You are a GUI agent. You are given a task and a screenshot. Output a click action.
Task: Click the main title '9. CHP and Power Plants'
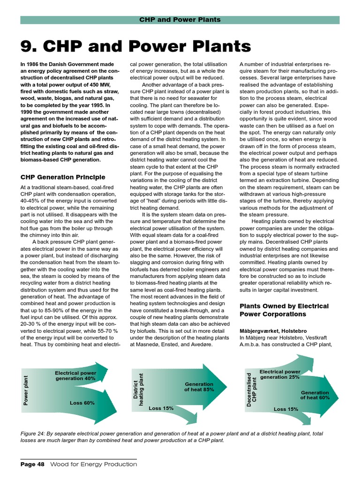[x=135, y=46]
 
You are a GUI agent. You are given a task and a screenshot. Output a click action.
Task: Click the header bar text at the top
[x=180, y=20]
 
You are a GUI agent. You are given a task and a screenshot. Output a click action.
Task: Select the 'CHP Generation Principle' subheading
[x=62, y=177]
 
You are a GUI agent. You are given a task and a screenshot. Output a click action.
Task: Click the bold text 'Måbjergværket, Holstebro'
[x=273, y=330]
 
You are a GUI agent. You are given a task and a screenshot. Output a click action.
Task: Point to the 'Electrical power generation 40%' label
[x=75, y=375]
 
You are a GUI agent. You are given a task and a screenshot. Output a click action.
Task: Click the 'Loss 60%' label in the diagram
[x=82, y=403]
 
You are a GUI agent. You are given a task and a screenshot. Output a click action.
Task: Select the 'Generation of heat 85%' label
[x=199, y=386]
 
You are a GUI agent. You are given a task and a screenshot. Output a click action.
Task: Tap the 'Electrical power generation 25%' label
[x=280, y=374]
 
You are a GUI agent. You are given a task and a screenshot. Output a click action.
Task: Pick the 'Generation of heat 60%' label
[x=315, y=395]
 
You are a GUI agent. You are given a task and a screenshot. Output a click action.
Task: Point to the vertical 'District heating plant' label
[x=139, y=389]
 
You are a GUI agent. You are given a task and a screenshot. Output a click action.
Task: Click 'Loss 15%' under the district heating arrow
[x=161, y=408]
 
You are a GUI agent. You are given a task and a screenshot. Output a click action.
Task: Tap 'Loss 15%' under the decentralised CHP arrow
[x=286, y=409]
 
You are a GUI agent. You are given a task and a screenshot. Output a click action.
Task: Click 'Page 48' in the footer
[x=32, y=464]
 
